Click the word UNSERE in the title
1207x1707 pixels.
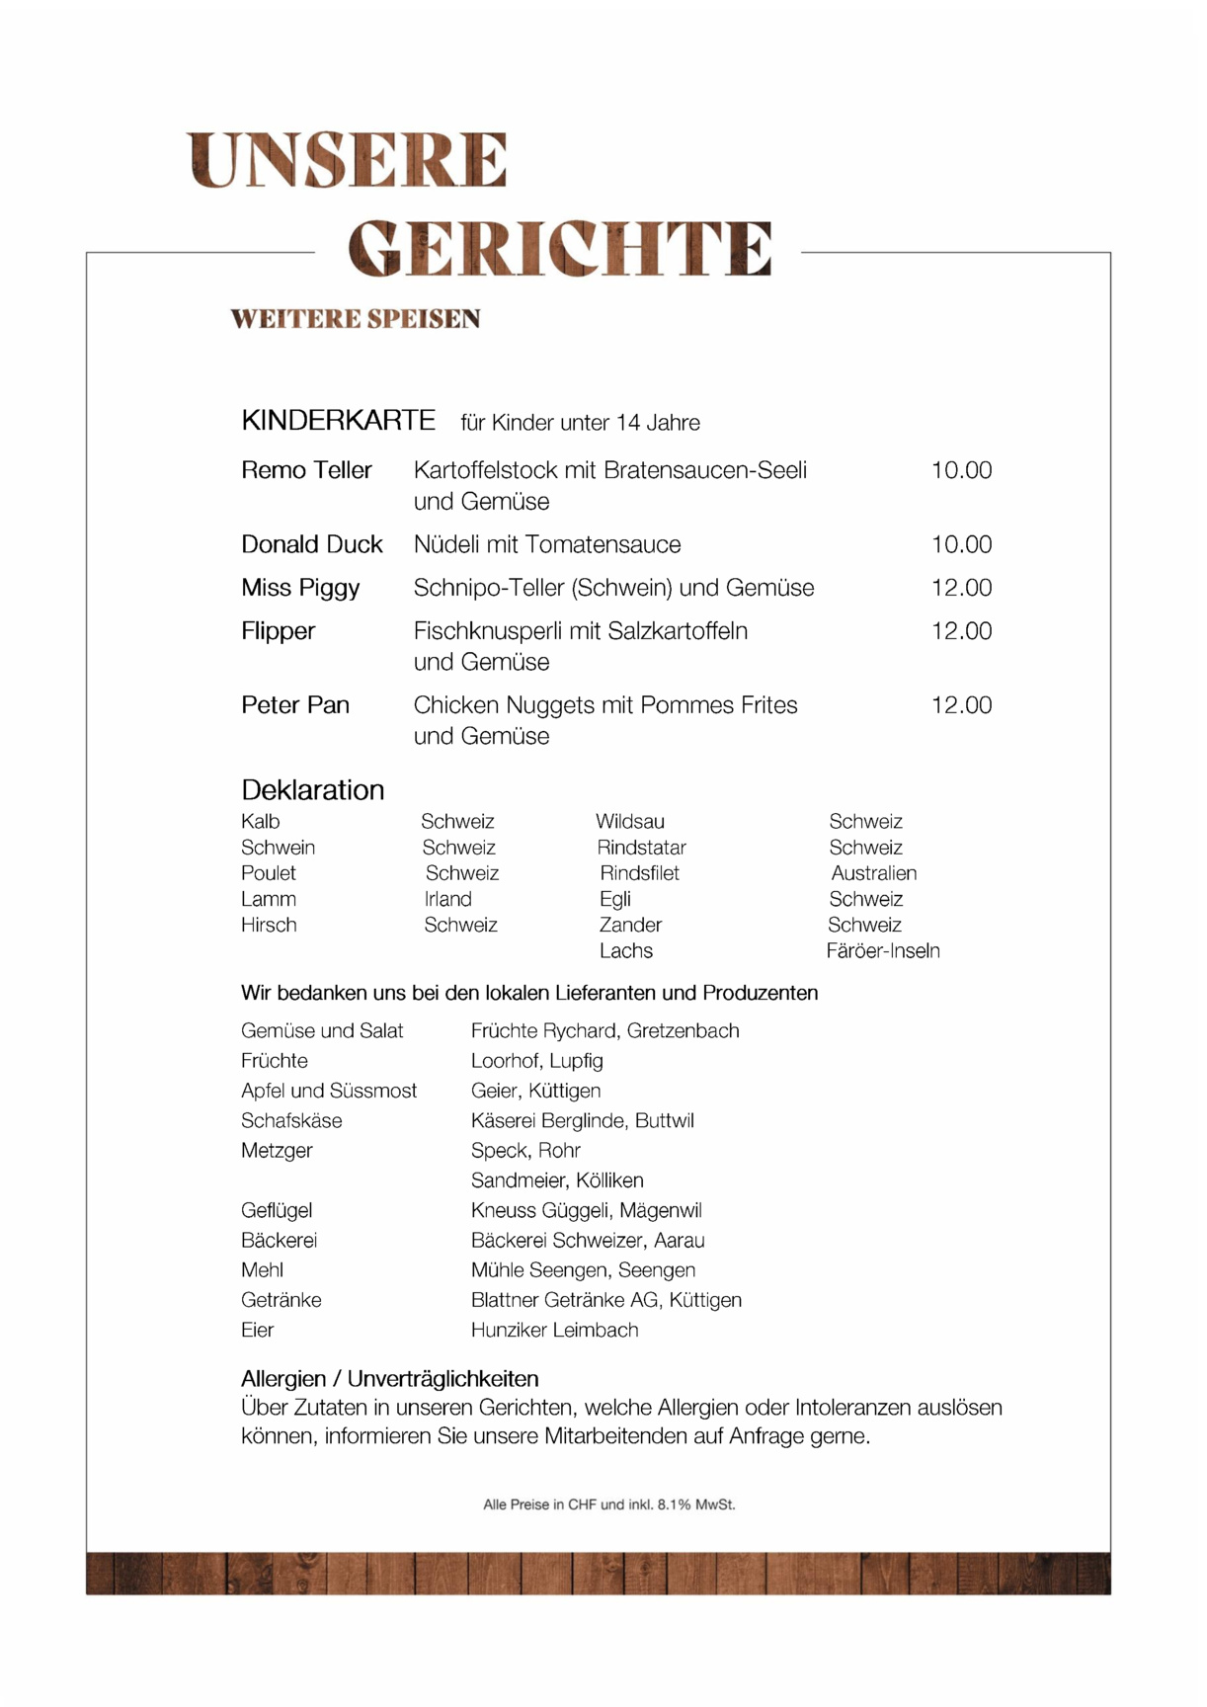click(x=348, y=160)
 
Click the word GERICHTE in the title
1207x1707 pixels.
click(x=560, y=248)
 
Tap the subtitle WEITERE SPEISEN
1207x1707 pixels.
click(x=356, y=319)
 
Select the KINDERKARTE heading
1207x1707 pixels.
click(x=338, y=421)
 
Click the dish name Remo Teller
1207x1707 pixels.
click(x=306, y=470)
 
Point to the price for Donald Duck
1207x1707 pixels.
click(x=961, y=544)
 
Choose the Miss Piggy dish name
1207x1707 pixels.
click(x=300, y=588)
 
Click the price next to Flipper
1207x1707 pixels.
click(x=961, y=631)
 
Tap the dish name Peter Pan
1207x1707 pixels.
click(x=295, y=705)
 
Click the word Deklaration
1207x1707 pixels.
click(x=312, y=790)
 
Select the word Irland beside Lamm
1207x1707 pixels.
click(x=447, y=899)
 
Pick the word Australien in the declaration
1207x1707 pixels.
click(x=873, y=873)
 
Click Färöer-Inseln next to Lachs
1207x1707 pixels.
click(x=882, y=951)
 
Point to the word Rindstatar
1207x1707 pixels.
click(x=641, y=848)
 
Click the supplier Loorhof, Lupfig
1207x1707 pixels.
click(x=536, y=1061)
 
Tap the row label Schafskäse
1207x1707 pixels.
click(x=291, y=1121)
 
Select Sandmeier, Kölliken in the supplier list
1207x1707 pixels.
click(x=556, y=1180)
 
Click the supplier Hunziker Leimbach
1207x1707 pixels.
click(x=554, y=1331)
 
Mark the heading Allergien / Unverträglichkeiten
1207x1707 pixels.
click(x=389, y=1379)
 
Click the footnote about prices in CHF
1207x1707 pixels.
click(x=608, y=1504)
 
